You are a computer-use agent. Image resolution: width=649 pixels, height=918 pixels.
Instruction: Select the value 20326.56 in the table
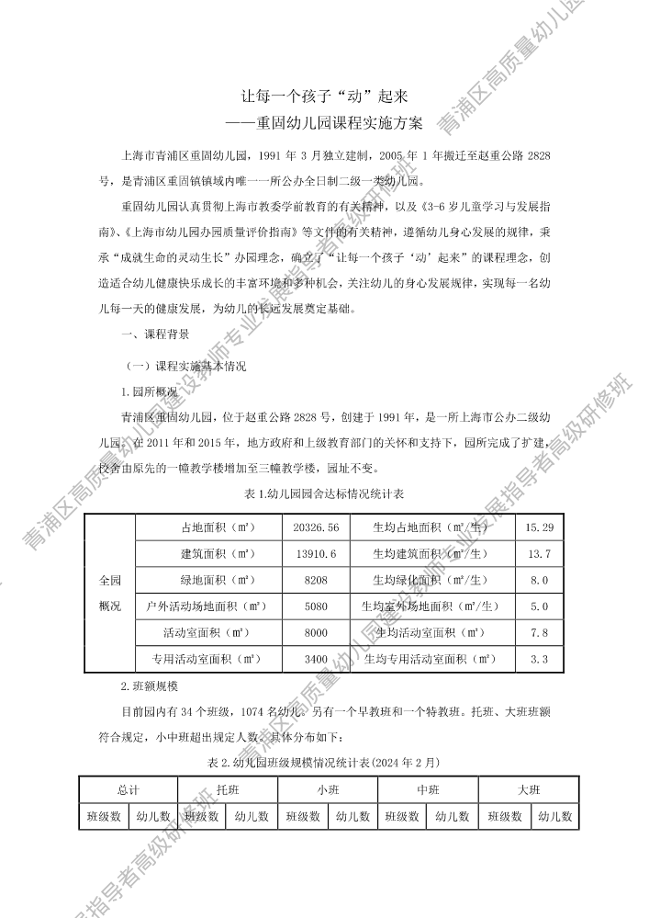pos(316,527)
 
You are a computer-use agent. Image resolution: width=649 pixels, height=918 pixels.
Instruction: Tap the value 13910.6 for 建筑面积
pos(316,554)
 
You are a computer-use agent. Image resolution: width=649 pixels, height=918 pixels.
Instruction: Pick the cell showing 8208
pos(316,581)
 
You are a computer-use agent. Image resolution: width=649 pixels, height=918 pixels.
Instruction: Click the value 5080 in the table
pos(316,606)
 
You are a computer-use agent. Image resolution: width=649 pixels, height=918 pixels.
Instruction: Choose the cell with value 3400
pos(316,660)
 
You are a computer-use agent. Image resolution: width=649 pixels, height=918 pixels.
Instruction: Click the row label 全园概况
pos(109,594)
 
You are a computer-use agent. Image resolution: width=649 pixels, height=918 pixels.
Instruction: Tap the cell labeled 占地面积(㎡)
pos(218,527)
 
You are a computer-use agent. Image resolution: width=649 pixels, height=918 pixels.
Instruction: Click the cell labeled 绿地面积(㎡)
pos(218,581)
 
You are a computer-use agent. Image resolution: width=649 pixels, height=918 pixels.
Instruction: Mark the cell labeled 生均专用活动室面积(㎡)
pos(430,660)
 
